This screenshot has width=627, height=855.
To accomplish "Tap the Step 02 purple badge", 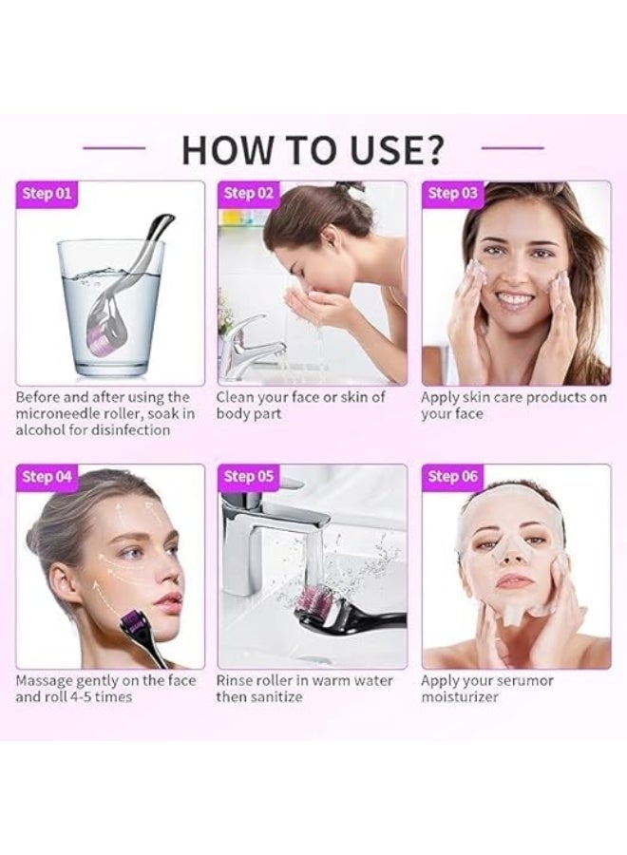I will click(x=250, y=194).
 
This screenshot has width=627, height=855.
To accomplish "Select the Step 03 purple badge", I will click(x=453, y=194).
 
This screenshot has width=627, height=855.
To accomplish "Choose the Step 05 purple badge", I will click(x=250, y=477).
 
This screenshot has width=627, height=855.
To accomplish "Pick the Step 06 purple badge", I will click(x=453, y=477).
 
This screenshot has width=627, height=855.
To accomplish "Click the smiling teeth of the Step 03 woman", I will click(x=515, y=298).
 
